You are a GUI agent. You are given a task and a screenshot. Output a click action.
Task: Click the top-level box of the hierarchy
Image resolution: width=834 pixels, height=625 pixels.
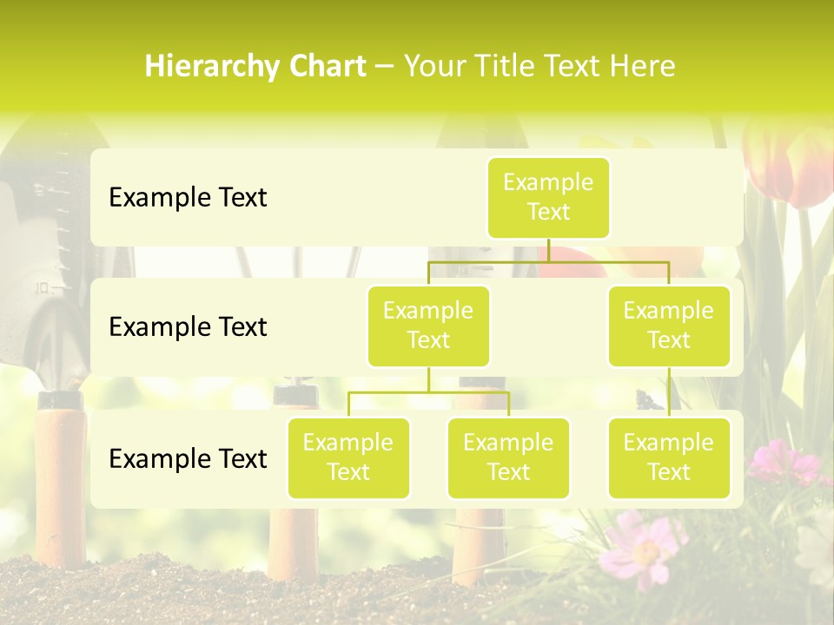click(x=548, y=197)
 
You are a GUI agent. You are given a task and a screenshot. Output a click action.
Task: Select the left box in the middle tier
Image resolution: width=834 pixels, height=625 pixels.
click(x=428, y=326)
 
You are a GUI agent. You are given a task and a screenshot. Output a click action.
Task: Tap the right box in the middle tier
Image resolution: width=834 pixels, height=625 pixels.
click(x=669, y=326)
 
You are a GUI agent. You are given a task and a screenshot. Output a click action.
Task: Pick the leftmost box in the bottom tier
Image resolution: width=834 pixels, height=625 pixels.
click(x=348, y=457)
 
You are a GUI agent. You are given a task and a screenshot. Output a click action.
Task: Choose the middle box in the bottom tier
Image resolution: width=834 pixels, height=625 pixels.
click(x=508, y=457)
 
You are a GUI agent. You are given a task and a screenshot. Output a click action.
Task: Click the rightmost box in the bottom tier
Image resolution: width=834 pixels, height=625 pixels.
click(x=669, y=457)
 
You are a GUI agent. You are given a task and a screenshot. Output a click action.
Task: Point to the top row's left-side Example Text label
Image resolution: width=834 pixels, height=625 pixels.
click(x=188, y=198)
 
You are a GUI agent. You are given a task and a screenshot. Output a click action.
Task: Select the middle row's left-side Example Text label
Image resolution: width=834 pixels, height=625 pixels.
click(x=188, y=327)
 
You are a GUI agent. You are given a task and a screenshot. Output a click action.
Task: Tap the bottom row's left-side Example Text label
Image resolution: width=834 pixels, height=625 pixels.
click(x=188, y=459)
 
